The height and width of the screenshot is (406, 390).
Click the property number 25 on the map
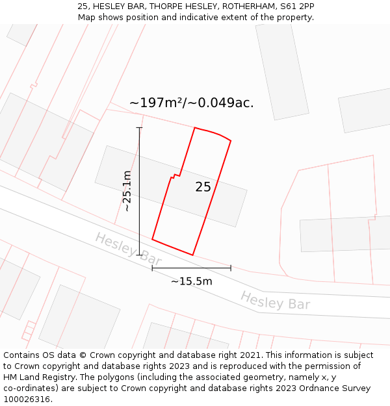click(x=203, y=187)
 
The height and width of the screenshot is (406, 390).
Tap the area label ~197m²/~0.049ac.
click(x=191, y=103)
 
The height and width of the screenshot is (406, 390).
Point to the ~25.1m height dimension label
click(x=127, y=191)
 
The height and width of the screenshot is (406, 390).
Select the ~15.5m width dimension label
click(x=192, y=281)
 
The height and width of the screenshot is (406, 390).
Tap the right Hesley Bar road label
click(x=275, y=301)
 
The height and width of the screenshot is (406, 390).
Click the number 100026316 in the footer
click(x=28, y=400)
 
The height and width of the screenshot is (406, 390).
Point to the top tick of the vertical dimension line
click(x=139, y=128)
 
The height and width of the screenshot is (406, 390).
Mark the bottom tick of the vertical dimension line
click(x=139, y=255)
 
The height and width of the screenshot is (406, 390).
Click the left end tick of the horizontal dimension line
click(x=152, y=268)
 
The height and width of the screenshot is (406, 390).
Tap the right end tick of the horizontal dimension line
click(x=231, y=268)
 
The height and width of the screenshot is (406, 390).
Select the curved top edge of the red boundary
click(x=214, y=132)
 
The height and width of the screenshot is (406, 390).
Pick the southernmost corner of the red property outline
click(x=193, y=255)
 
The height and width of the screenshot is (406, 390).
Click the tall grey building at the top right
click(x=281, y=70)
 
